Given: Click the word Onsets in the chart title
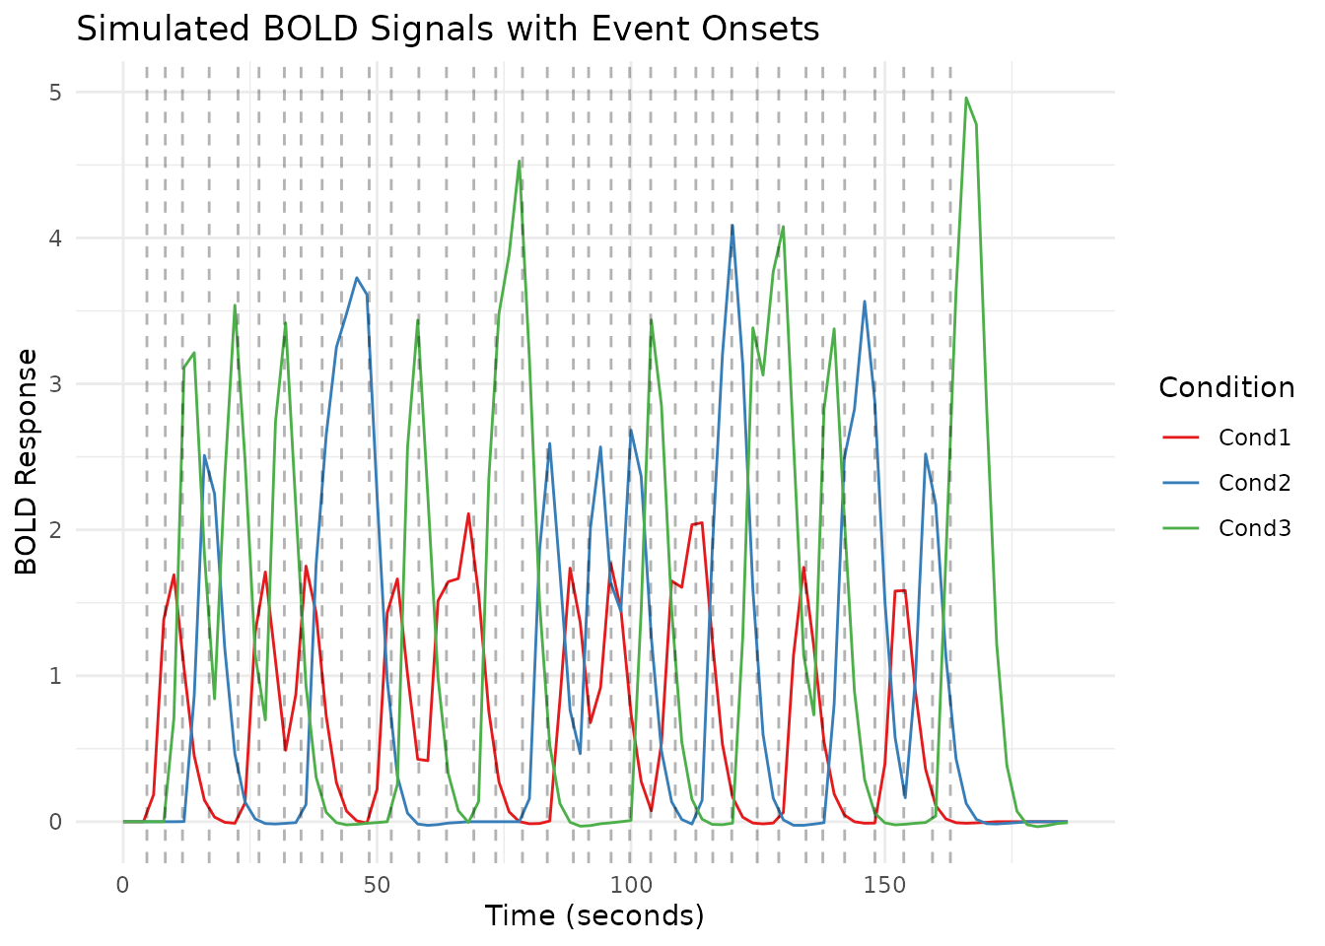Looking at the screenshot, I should click(770, 29).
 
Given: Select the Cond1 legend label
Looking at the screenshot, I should click(1254, 438).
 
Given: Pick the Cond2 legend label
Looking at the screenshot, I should click(1254, 483).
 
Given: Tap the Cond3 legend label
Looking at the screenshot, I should click(1254, 528).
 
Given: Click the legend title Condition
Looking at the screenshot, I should click(1226, 388).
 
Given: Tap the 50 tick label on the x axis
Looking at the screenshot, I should click(377, 885).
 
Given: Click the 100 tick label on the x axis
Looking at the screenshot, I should click(630, 885).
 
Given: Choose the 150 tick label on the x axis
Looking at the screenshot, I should click(884, 885).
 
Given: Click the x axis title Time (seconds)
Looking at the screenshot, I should click(594, 916).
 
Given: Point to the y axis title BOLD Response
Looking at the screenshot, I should click(27, 461).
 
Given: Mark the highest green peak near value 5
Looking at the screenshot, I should click(966, 98).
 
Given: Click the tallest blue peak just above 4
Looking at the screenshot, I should click(732, 226).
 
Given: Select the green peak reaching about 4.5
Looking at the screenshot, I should click(520, 162).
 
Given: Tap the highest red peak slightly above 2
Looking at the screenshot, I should click(468, 513).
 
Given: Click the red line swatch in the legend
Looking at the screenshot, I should click(1181, 438).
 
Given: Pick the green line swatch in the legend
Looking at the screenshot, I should click(1181, 528).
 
